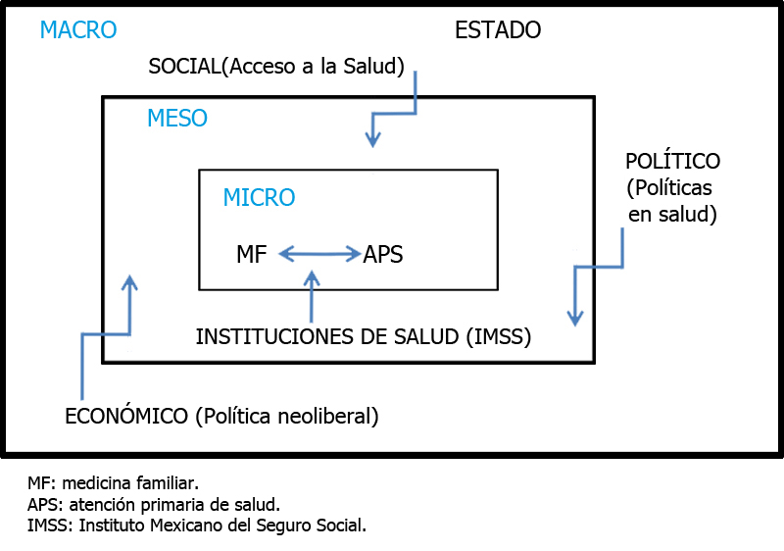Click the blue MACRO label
click(78, 30)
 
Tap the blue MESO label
click(177, 118)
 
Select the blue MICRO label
click(259, 197)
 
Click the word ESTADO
click(498, 30)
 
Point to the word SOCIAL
click(184, 66)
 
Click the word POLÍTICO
click(672, 161)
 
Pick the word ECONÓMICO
click(126, 416)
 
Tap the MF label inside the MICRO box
click(252, 254)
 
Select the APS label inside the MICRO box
click(383, 254)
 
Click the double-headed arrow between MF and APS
click(319, 254)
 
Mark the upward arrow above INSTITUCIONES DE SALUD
click(312, 296)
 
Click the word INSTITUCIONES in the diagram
click(275, 336)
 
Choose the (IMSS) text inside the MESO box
click(499, 336)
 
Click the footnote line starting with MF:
click(113, 483)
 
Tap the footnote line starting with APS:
click(154, 505)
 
